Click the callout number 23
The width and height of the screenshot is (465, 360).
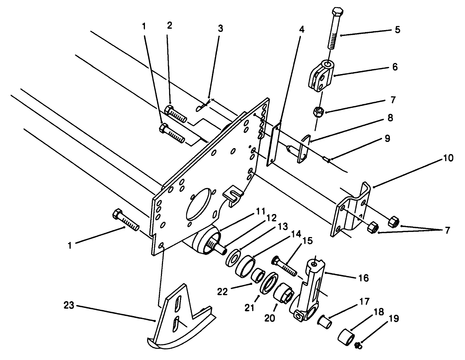click(x=69, y=305)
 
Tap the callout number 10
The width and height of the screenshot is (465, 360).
click(x=448, y=158)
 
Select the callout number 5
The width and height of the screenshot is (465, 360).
click(x=397, y=29)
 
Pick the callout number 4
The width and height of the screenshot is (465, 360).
click(x=301, y=30)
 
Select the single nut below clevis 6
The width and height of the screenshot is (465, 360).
click(x=317, y=112)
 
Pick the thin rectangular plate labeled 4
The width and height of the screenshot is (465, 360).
click(x=274, y=144)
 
